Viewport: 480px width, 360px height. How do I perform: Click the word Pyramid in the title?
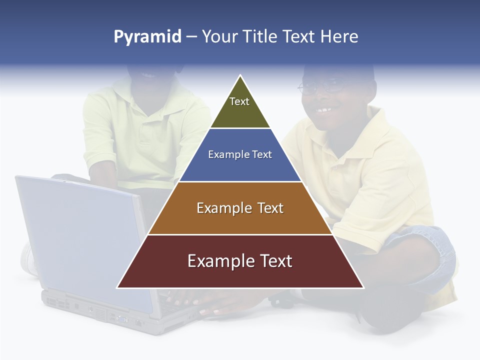point(147,37)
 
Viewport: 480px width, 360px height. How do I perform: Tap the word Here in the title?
point(339,36)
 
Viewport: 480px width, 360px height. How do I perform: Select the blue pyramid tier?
point(240,167)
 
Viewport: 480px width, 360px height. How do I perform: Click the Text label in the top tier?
point(239,101)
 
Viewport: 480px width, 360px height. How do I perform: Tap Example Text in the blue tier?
point(240,154)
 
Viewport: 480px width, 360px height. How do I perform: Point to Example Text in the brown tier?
point(240,208)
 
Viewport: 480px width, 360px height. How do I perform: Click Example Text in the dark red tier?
point(240,261)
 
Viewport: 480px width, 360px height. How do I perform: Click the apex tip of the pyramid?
point(240,76)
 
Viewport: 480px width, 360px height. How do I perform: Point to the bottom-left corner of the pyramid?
point(118,287)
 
